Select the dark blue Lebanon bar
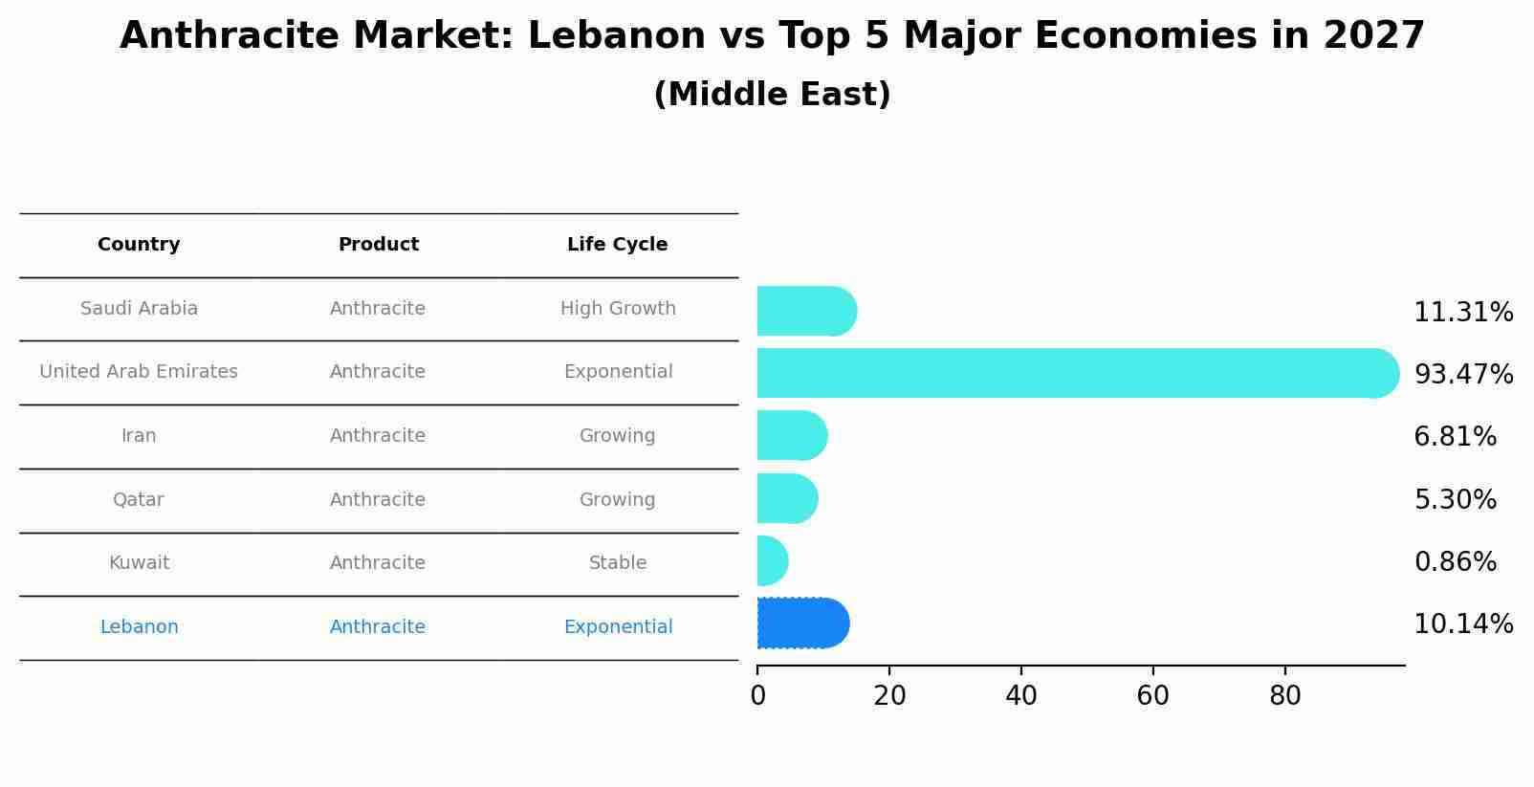pyautogui.click(x=802, y=623)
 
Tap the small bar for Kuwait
pyautogui.click(x=772, y=561)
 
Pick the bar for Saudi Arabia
pyautogui.click(x=806, y=311)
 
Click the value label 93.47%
pyautogui.click(x=1463, y=374)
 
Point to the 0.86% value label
pyautogui.click(x=1455, y=561)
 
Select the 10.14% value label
pyautogui.click(x=1463, y=624)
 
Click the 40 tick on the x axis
pyautogui.click(x=1021, y=696)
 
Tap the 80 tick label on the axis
pyautogui.click(x=1284, y=696)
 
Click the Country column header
pyautogui.click(x=139, y=245)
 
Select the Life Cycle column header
pyautogui.click(x=617, y=245)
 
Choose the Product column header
pyautogui.click(x=378, y=245)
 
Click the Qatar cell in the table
pyautogui.click(x=139, y=499)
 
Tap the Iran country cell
pyautogui.click(x=139, y=436)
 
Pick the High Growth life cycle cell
pyautogui.click(x=618, y=309)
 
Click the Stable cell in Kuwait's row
pyautogui.click(x=618, y=563)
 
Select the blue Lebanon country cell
pyautogui.click(x=139, y=627)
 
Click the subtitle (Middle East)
pyautogui.click(x=772, y=95)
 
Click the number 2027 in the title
pyautogui.click(x=1374, y=36)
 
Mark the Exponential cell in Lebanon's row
pyautogui.click(x=618, y=627)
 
